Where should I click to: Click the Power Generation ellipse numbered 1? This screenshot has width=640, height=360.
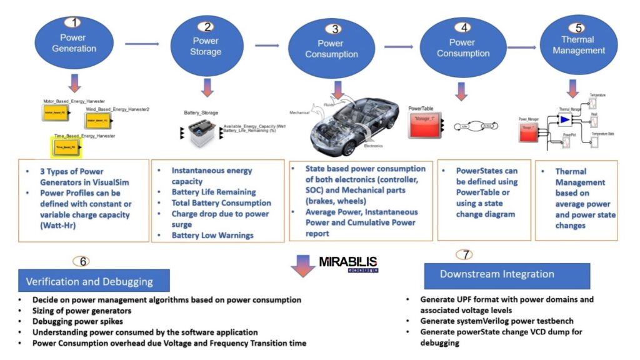click(74, 42)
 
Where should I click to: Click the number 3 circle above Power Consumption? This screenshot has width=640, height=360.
click(336, 28)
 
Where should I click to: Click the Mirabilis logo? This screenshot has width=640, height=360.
click(348, 262)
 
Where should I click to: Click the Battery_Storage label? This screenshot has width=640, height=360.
click(201, 113)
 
